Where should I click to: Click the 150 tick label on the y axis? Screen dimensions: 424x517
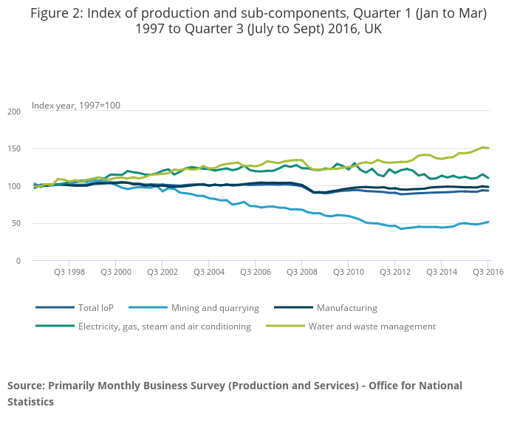[x=15, y=149]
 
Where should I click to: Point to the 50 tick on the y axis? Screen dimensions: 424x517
[x=17, y=224]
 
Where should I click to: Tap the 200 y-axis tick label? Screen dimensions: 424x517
[x=15, y=112]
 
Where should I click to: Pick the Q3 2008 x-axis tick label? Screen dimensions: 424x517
[x=302, y=272]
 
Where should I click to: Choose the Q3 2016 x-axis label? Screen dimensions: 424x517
[x=487, y=272]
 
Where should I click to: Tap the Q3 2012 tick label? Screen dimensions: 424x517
[x=394, y=272]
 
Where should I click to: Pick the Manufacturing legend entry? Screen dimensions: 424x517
[x=346, y=307]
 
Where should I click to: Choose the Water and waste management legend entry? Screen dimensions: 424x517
[x=372, y=326]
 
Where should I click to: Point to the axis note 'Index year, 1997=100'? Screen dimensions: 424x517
[x=76, y=106]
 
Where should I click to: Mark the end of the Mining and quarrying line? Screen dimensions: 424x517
[x=488, y=222]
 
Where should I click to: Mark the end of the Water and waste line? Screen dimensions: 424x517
[x=488, y=148]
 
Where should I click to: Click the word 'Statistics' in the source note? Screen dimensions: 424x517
[x=30, y=402]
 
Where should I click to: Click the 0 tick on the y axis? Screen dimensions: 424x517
[x=19, y=261]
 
